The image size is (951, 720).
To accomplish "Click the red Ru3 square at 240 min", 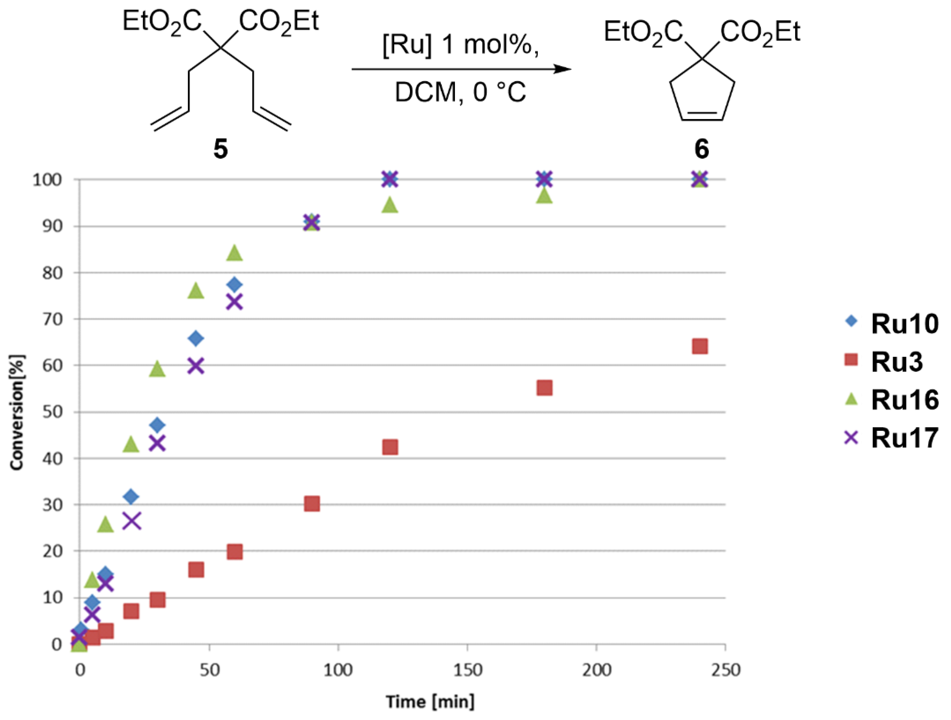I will [x=700, y=346].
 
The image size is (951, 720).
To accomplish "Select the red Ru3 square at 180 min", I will [x=544, y=388].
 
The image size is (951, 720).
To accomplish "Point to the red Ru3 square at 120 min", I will [x=390, y=447].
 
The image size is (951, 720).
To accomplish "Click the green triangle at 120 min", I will [x=390, y=205].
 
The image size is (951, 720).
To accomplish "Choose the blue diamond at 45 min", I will [x=196, y=338].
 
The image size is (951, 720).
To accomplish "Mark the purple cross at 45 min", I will [x=196, y=366].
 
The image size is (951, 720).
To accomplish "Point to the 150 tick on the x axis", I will [x=467, y=670].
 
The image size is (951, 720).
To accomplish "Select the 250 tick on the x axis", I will [x=725, y=670].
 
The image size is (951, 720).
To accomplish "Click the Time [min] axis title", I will [x=430, y=702].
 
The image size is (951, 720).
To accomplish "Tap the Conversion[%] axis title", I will [x=17, y=412].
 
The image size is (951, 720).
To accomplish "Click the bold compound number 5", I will [x=221, y=149].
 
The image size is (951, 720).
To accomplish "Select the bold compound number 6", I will [x=701, y=149].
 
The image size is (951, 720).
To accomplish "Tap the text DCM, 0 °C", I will [x=460, y=92].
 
